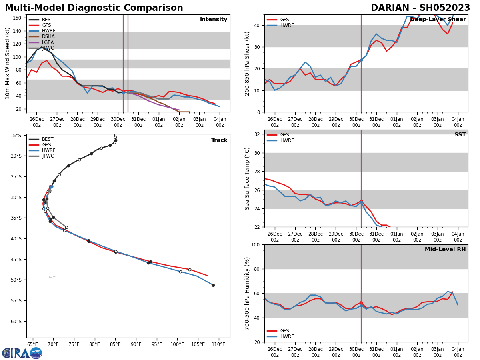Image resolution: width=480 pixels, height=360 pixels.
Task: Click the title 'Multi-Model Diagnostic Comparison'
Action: pyautogui.click(x=94, y=8)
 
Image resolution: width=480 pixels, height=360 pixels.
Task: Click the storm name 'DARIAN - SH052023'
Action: pyautogui.click(x=420, y=8)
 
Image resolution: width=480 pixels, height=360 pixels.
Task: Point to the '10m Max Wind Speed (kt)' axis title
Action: pyautogui.click(x=8, y=63)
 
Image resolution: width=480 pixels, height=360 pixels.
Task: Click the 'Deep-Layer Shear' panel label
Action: pyautogui.click(x=438, y=20)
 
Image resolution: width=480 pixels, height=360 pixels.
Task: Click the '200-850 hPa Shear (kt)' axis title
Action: pyautogui.click(x=247, y=63)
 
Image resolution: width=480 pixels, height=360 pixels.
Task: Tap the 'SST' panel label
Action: pyautogui.click(x=460, y=135)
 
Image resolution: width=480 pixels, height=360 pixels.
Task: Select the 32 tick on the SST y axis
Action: pyautogui.click(x=258, y=134)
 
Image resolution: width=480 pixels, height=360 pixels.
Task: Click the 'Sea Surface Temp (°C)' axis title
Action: pyautogui.click(x=247, y=178)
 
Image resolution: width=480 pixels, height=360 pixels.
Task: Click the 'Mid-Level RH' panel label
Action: pyautogui.click(x=445, y=250)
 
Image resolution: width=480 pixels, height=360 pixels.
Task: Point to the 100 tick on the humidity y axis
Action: pyautogui.click(x=256, y=244)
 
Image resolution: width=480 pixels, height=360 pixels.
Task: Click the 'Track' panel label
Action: pyautogui.click(x=219, y=140)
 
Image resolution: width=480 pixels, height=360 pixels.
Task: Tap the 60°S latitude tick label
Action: pyautogui.click(x=16, y=321)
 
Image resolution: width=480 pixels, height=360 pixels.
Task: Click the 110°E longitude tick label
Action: pyautogui.click(x=218, y=344)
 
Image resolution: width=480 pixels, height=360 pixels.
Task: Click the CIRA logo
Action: pyautogui.click(x=22, y=353)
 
